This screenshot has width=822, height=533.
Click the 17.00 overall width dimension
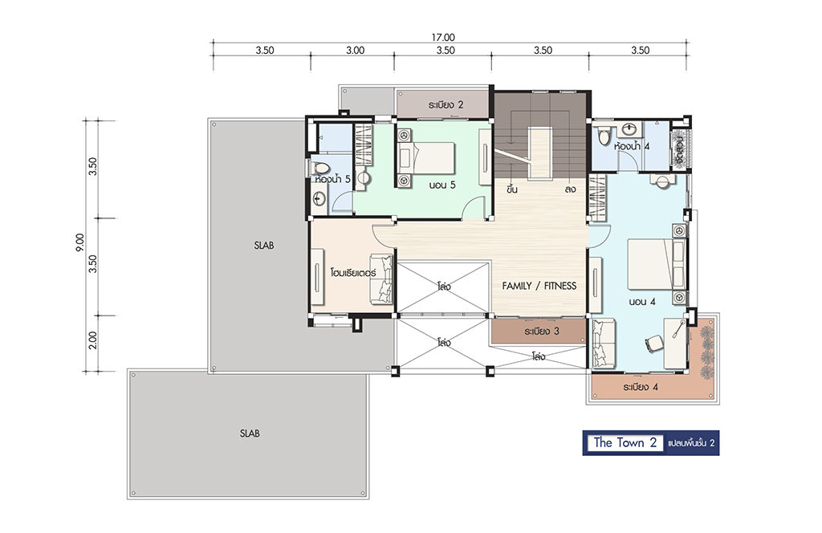tap(443, 37)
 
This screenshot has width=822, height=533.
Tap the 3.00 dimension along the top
tap(355, 51)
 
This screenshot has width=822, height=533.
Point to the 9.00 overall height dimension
tap(79, 242)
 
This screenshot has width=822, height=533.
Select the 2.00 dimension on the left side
tap(93, 340)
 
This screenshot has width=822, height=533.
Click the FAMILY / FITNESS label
tap(539, 286)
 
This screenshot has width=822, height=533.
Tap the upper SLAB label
tap(263, 246)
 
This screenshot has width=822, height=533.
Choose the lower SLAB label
tap(250, 433)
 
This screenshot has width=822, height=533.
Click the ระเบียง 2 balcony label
tap(446, 105)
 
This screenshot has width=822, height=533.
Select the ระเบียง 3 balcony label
tap(542, 332)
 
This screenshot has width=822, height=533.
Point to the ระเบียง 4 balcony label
tap(641, 387)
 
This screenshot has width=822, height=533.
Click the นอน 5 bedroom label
tap(442, 185)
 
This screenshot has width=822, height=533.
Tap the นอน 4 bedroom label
tap(642, 302)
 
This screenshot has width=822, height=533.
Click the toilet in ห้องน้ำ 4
tap(604, 135)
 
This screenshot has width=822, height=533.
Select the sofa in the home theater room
tap(381, 279)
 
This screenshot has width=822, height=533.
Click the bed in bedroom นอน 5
tap(430, 158)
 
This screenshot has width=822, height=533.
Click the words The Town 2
tap(625, 443)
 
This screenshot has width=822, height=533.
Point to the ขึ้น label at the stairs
tap(512, 189)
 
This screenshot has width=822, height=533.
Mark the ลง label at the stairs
tap(571, 189)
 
